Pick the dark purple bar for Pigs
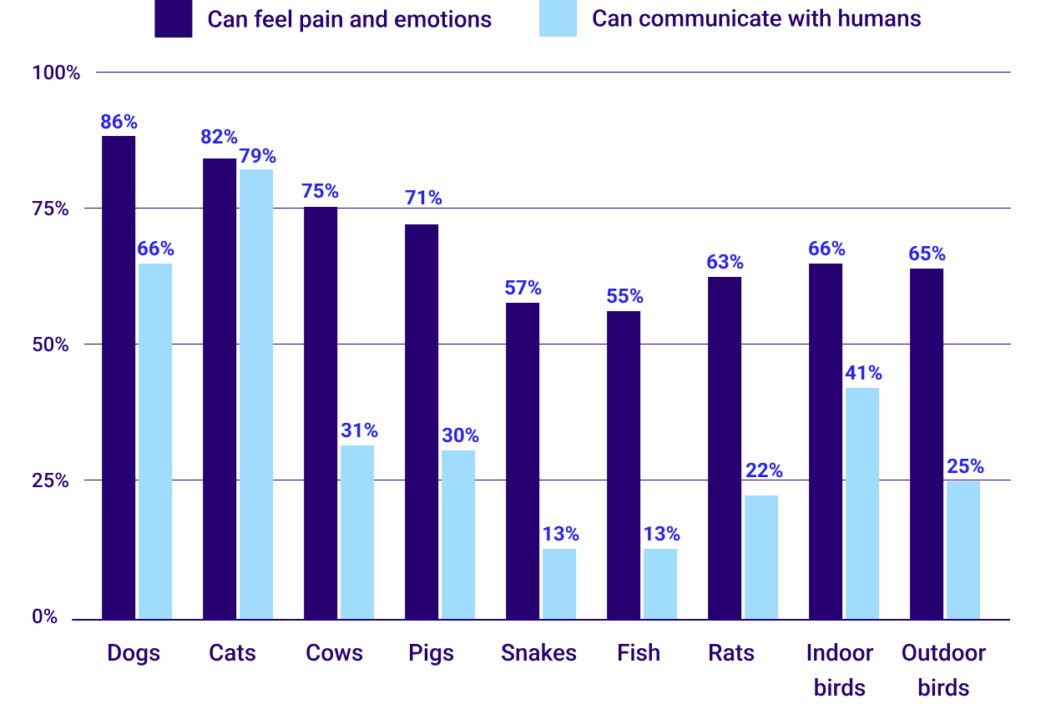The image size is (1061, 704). tap(422, 421)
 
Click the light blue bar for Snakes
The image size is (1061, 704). tap(559, 583)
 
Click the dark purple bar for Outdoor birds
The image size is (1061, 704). tap(927, 443)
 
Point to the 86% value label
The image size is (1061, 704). tap(119, 122)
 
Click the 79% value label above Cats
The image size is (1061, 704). tap(257, 156)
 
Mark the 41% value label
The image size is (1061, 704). tap(863, 373)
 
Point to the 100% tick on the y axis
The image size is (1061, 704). tap(56, 73)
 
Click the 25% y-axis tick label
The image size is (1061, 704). tap(49, 480)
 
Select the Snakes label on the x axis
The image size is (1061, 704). tap(538, 652)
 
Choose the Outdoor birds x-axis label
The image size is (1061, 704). tap(943, 670)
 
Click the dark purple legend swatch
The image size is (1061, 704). tap(174, 18)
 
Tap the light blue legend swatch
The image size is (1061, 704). tap(558, 18)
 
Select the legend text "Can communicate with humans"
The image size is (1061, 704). tap(756, 18)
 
